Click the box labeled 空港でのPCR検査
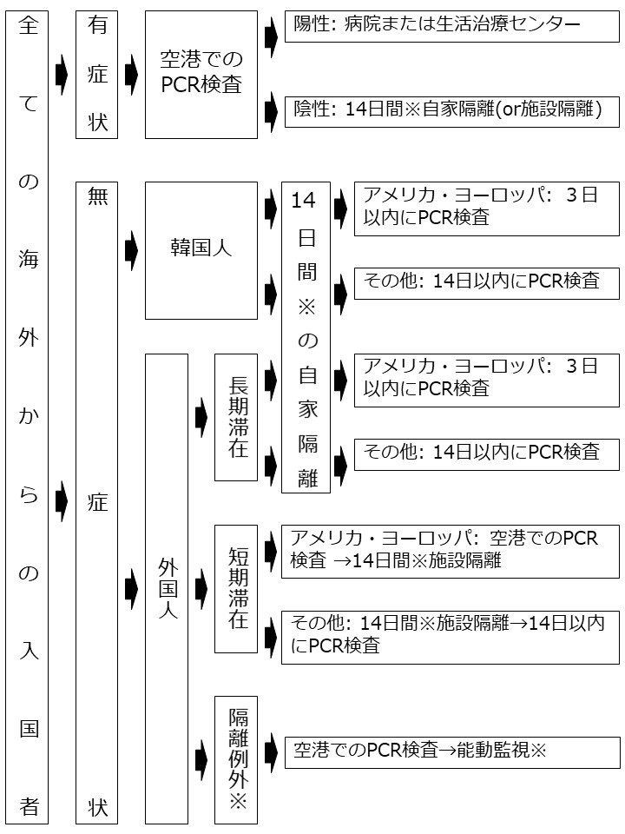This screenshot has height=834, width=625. click(201, 75)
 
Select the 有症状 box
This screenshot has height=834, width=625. click(96, 75)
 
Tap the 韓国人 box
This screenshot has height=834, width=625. click(201, 250)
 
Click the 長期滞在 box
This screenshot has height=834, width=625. click(236, 418)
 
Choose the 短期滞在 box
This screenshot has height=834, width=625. click(236, 589)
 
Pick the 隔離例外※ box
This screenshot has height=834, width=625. click(236, 759)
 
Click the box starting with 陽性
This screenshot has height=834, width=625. click(451, 26)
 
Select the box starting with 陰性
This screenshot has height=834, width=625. click(451, 112)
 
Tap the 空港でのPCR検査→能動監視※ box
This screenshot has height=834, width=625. click(451, 752)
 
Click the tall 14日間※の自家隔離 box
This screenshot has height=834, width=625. click(306, 337)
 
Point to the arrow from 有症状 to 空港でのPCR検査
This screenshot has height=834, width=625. click(131, 75)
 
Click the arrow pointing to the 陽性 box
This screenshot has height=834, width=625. click(271, 36)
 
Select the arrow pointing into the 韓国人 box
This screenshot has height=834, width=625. click(131, 250)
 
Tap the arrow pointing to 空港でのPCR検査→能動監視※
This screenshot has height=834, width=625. click(271, 752)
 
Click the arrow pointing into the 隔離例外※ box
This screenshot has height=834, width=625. click(201, 760)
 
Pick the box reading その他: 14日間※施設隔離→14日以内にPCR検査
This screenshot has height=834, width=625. click(451, 637)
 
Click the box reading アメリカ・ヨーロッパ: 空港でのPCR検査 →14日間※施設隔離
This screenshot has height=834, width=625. click(451, 552)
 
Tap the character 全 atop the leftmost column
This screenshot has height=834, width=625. click(28, 25)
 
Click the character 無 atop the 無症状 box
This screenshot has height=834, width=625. click(97, 196)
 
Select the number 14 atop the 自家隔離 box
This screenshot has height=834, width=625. click(304, 201)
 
